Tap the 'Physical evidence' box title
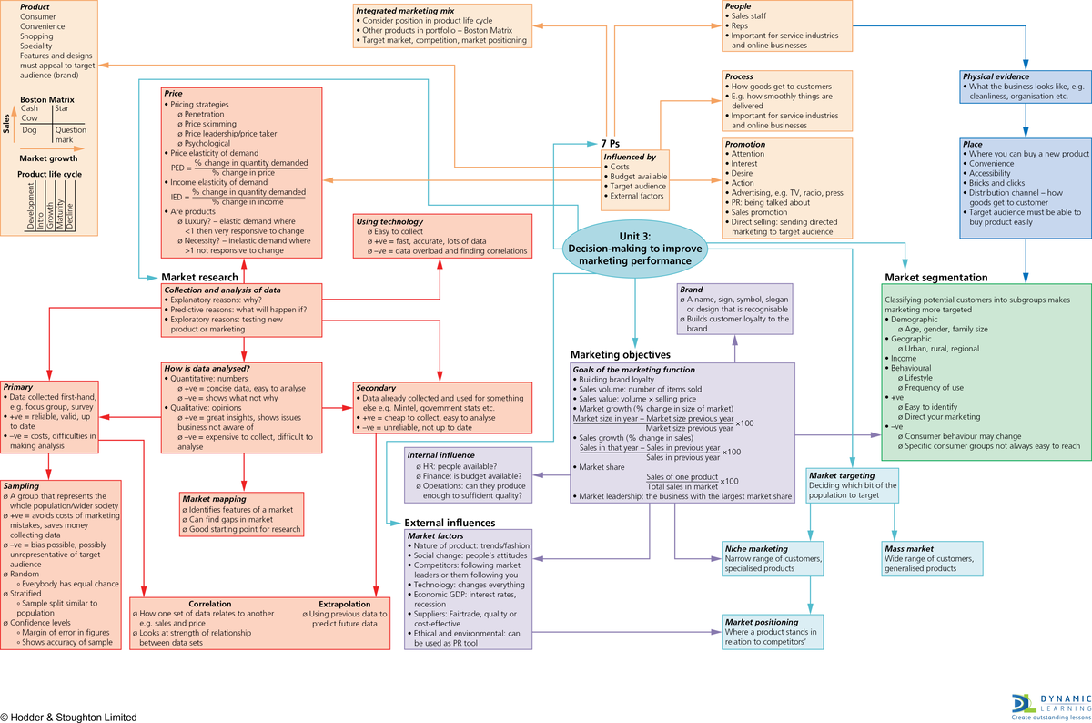[x=1002, y=76]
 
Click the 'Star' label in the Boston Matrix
[x=62, y=109]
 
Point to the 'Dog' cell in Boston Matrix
[x=29, y=130]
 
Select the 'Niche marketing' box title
[x=756, y=549]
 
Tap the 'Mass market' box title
[x=909, y=549]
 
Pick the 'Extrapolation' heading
[x=344, y=604]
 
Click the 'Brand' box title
[x=691, y=290]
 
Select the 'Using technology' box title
[x=389, y=221]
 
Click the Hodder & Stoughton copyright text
[x=69, y=717]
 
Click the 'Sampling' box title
[x=21, y=486]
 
